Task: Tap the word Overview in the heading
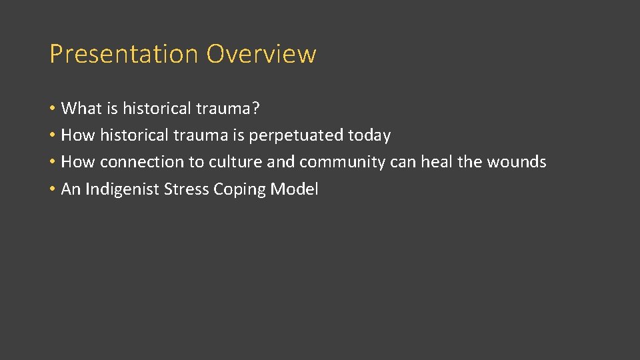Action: coord(261,54)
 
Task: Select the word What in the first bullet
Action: coord(81,108)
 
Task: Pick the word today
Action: coord(369,135)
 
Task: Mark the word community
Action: coord(342,162)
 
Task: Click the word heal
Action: coord(435,162)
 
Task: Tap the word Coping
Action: coord(239,189)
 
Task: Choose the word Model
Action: coord(294,189)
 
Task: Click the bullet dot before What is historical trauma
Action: coord(52,109)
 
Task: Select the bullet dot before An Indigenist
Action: coord(52,190)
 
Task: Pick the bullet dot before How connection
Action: coord(52,163)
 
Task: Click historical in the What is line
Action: coord(157,108)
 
